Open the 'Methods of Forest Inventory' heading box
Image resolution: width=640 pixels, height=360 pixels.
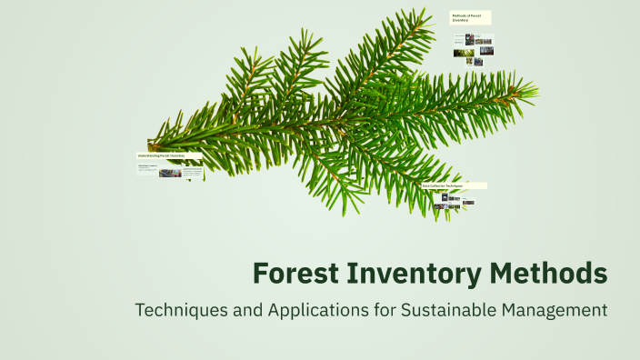point(471,17)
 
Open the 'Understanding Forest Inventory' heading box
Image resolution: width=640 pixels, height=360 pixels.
point(169,155)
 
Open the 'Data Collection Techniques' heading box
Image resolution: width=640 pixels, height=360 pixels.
point(454,185)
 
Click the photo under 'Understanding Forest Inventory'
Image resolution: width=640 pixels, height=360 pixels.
point(170,172)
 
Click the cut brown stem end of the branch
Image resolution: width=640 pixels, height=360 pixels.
point(152,145)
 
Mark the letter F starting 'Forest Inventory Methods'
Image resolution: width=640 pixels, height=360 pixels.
point(260,273)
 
